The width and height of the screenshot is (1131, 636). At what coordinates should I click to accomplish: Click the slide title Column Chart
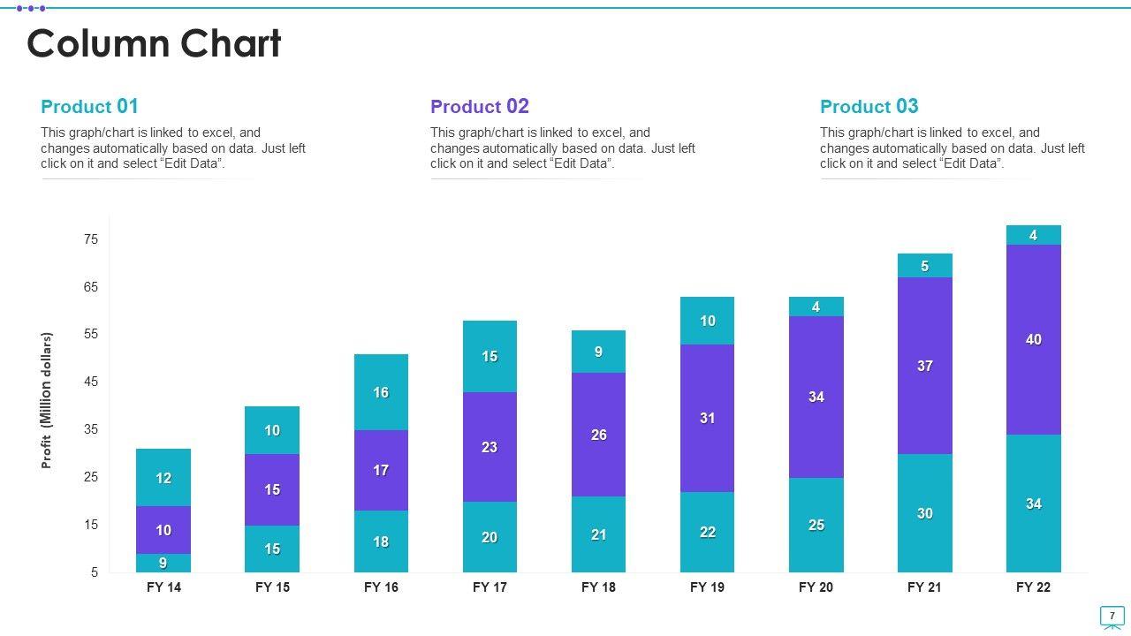[154, 44]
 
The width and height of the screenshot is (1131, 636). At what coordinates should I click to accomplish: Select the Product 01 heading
[89, 107]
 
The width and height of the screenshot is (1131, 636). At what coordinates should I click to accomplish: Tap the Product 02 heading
[479, 107]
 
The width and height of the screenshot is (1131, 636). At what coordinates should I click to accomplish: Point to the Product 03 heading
[869, 107]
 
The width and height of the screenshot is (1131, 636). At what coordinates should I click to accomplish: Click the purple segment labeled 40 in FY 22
[1033, 339]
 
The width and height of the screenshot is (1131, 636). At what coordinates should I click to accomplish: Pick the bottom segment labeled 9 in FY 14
[163, 563]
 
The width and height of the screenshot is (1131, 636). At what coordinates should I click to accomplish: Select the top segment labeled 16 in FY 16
[381, 392]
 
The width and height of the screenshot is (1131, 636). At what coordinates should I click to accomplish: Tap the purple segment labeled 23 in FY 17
[490, 447]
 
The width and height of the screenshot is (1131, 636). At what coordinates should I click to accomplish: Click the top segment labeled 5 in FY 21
[924, 266]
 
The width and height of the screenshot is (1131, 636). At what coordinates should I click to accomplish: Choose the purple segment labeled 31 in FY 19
[707, 418]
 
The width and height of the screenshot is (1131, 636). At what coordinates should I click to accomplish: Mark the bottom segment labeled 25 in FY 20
[816, 525]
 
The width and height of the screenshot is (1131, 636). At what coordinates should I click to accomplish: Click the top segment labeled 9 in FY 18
[598, 352]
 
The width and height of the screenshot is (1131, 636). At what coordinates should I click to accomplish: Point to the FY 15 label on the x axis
[272, 587]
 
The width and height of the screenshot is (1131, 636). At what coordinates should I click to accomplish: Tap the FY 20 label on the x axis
[816, 587]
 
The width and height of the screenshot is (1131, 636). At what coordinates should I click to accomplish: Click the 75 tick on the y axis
[91, 239]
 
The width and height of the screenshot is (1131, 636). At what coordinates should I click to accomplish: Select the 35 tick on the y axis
[91, 429]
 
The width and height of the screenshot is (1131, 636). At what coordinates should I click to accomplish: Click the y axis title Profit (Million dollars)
[47, 400]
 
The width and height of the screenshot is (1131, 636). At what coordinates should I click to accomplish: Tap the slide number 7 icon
[1112, 616]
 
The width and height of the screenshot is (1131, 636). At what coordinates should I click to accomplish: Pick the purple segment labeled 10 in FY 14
[163, 530]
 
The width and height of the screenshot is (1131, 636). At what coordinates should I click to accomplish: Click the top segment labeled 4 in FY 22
[1033, 235]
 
